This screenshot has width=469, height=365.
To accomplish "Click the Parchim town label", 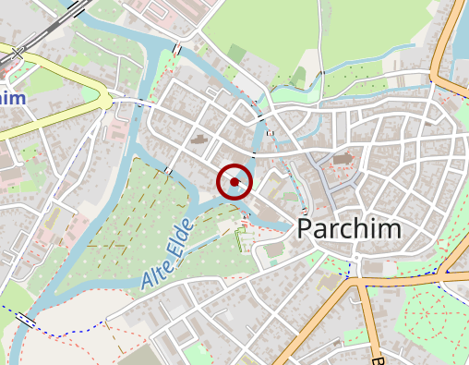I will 349,230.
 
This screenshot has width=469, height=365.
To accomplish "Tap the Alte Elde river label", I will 167,254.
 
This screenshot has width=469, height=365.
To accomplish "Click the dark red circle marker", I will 234,182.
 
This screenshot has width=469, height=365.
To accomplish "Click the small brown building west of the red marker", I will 200,140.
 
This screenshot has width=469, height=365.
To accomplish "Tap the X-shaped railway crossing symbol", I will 12,57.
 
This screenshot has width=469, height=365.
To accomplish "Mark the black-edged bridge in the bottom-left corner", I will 26,321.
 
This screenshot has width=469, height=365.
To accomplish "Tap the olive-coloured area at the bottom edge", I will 138,356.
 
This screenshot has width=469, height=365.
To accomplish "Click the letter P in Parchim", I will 307,230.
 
